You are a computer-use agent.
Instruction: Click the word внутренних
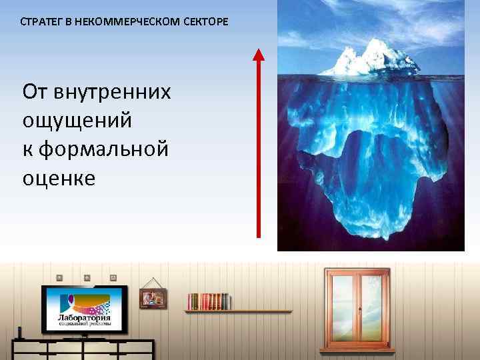coord(115,92)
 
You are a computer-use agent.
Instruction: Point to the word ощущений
coord(77,121)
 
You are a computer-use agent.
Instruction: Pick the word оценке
coord(59,178)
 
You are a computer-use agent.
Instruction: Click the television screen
coord(84,309)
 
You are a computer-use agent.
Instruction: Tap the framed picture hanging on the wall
coord(153,297)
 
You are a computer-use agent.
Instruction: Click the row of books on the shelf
coord(208,301)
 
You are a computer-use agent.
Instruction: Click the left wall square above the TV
coord(59,277)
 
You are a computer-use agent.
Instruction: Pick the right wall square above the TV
coord(113,277)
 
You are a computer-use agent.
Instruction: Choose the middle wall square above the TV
coord(86,277)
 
